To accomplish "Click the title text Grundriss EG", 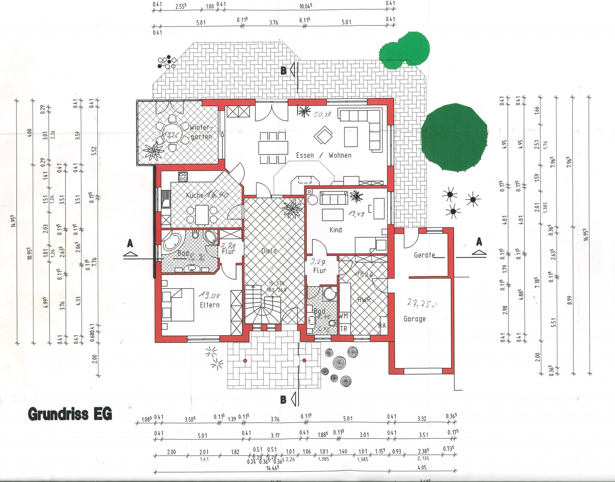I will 70,414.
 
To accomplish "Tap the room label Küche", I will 194,195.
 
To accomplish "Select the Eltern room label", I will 209,305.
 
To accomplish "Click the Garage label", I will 414,319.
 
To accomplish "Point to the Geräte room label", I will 424,255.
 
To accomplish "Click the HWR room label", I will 364,300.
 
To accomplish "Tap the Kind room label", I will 336,230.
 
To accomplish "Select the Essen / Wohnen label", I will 323,155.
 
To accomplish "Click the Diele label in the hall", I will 269,251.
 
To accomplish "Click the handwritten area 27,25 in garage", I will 421,303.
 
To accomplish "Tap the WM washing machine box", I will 343,316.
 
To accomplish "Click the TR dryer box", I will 343,329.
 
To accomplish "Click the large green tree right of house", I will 454,137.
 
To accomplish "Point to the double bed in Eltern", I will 179,305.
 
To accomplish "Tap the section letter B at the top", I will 283,71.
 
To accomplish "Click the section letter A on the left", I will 130,243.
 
